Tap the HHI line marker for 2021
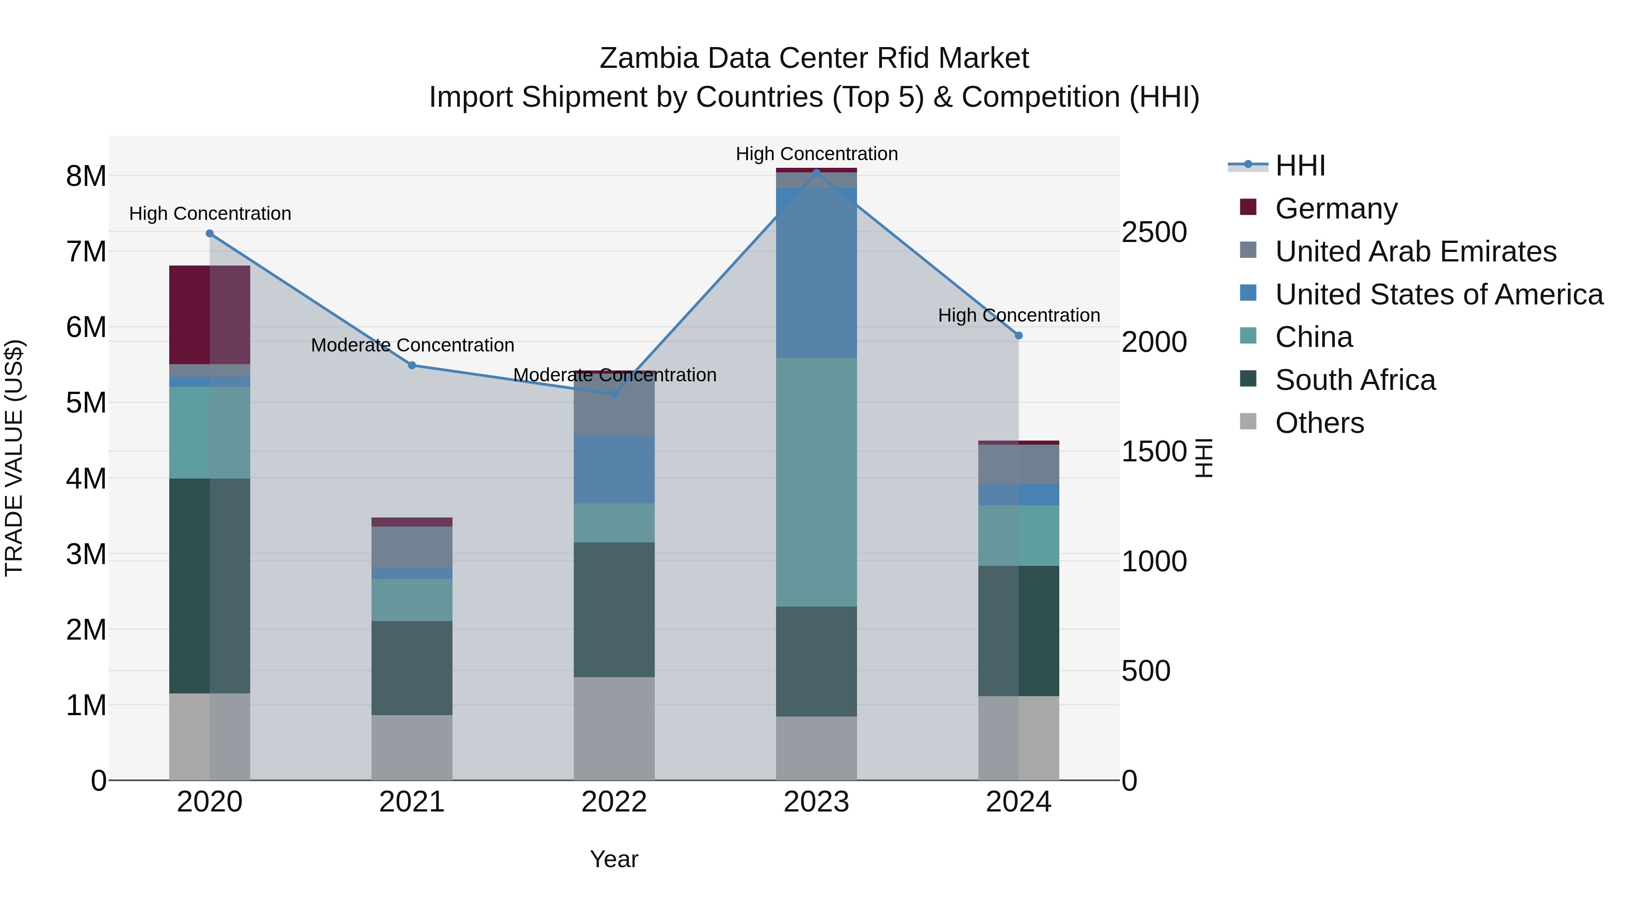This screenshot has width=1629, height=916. (x=412, y=365)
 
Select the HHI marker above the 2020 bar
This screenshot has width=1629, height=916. (x=210, y=233)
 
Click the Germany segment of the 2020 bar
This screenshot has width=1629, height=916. (x=210, y=314)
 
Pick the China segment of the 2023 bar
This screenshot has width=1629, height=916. (x=816, y=482)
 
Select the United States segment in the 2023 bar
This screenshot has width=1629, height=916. (x=816, y=272)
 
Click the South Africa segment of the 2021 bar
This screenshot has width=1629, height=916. (x=412, y=668)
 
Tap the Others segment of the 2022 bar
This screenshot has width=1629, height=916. (x=614, y=728)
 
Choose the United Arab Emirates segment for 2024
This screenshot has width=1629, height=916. (x=1018, y=464)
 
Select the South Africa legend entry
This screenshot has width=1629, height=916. (x=1354, y=380)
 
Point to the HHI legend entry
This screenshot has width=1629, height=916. (x=1300, y=166)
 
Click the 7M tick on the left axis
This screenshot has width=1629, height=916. (x=86, y=252)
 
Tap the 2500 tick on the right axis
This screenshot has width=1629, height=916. (x=1153, y=232)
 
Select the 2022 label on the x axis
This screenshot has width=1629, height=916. (x=614, y=802)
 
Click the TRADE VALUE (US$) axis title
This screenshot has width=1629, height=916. (x=14, y=458)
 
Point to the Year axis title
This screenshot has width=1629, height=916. (x=614, y=859)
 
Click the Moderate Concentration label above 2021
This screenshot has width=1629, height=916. (x=412, y=345)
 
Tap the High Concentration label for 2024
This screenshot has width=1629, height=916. (x=1018, y=315)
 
